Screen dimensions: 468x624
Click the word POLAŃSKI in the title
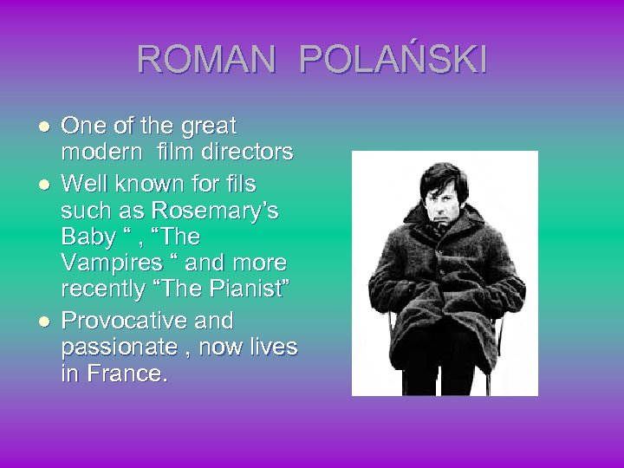pyautogui.click(x=393, y=60)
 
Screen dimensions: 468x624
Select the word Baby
pyautogui.click(x=88, y=237)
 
